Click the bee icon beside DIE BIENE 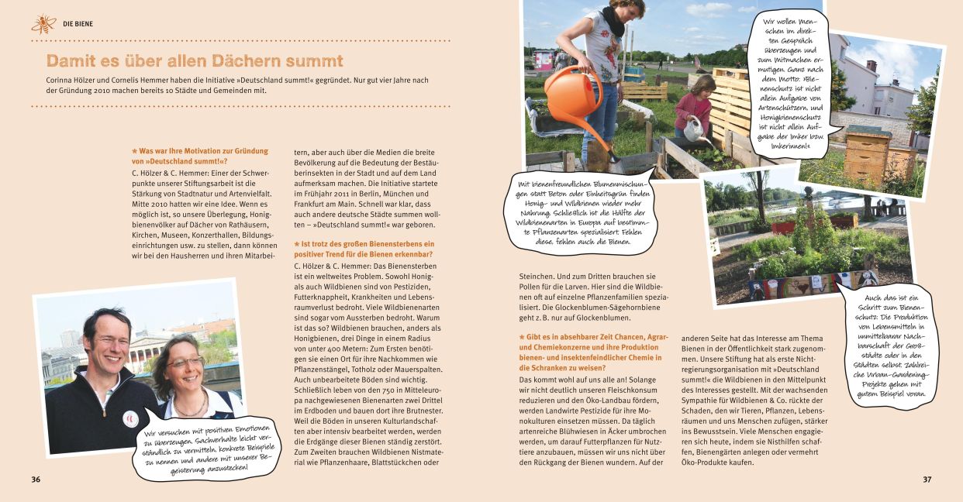click(x=43, y=24)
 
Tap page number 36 click(x=36, y=479)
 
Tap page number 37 click(x=927, y=479)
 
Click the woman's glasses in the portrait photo click(x=185, y=363)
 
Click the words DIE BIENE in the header click(x=78, y=24)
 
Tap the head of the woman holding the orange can click(x=626, y=11)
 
